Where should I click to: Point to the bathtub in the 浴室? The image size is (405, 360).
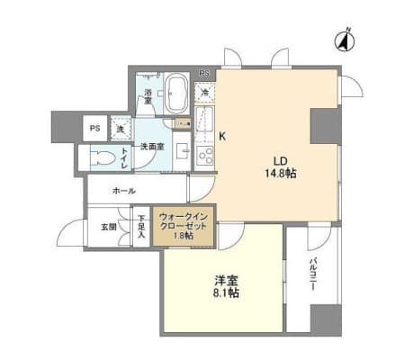[175, 93]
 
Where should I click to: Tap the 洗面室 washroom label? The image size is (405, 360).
[149, 145]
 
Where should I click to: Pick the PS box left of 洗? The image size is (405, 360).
[94, 128]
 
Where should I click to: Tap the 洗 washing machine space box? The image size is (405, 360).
[121, 128]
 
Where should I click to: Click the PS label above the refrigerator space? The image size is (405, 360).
[203, 73]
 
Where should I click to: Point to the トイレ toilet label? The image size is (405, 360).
[125, 158]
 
